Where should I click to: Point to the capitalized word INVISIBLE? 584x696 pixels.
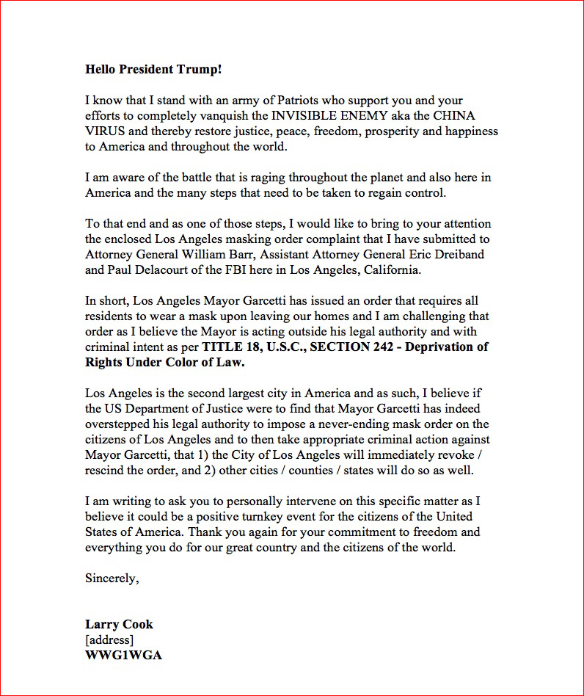pos(304,116)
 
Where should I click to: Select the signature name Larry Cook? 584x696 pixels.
pos(119,625)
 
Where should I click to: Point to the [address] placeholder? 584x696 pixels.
pos(109,639)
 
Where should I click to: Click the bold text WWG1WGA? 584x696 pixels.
pos(123,655)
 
